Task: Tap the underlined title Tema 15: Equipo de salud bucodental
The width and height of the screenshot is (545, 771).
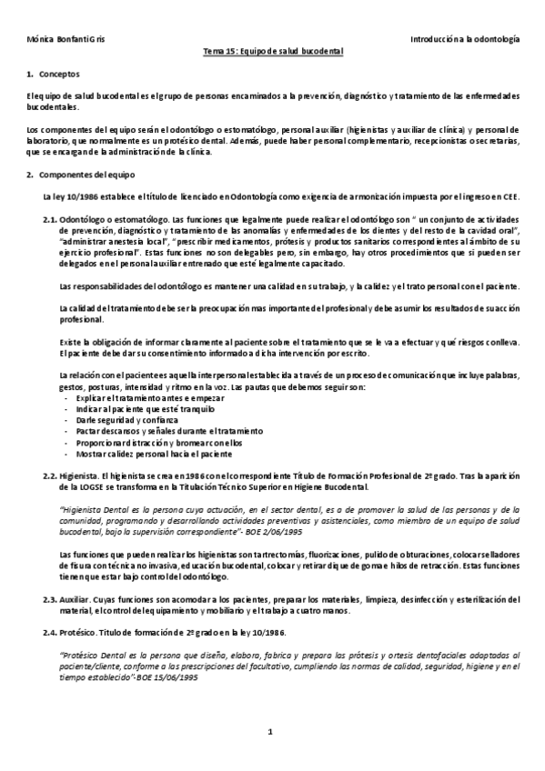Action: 272,53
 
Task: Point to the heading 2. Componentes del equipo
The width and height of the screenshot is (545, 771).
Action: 81,174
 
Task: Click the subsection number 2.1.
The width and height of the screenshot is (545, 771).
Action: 50,220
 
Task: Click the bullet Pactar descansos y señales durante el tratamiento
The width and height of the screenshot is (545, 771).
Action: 156,432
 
